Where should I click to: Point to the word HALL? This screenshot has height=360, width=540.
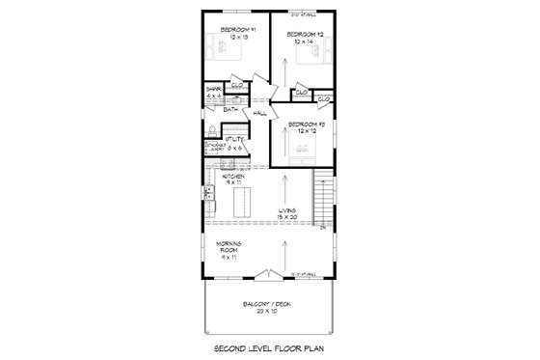click(259, 114)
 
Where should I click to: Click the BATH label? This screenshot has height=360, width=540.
click(230, 109)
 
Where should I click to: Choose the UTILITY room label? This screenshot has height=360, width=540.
click(236, 140)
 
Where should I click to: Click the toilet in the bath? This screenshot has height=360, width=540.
click(211, 130)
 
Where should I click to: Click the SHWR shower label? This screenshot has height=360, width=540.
click(214, 92)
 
